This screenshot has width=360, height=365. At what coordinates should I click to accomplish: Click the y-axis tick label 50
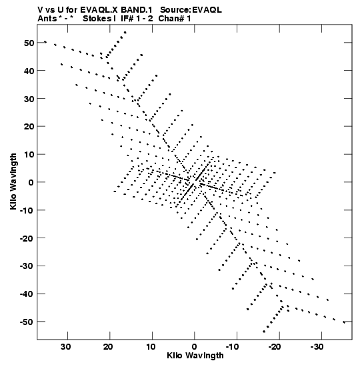(x=29, y=43)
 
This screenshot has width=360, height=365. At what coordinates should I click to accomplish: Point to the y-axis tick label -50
(x=27, y=322)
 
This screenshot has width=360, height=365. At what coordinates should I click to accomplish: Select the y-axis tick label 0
(x=31, y=183)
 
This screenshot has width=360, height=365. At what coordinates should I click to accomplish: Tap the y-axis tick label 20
(x=29, y=127)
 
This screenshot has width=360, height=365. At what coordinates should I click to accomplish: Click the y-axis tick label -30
(x=27, y=266)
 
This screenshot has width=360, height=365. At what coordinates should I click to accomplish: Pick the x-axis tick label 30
(x=65, y=347)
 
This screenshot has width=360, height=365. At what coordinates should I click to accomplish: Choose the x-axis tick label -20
(x=275, y=347)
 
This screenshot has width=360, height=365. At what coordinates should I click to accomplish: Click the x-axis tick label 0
(x=195, y=347)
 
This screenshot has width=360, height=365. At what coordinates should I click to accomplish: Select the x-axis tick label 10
(x=151, y=347)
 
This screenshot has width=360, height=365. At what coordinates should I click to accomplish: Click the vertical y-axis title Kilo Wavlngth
(x=13, y=181)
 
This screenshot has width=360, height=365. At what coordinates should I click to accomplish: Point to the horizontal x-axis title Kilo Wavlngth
(x=195, y=356)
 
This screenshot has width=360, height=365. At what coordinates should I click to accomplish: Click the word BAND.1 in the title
(x=136, y=10)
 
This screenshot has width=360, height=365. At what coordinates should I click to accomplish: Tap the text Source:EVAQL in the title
(x=191, y=10)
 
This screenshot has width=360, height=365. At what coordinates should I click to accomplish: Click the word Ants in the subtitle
(x=47, y=19)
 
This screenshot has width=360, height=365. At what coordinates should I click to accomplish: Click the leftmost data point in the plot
(x=45, y=42)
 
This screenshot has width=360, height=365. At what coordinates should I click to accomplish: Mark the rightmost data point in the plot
(x=344, y=322)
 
